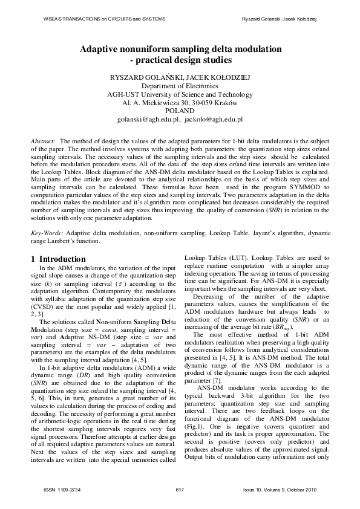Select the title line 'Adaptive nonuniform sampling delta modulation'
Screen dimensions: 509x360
(x=180, y=50)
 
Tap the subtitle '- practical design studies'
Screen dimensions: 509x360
(x=180, y=60)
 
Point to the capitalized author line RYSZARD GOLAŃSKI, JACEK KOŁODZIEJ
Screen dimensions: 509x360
(x=180, y=77)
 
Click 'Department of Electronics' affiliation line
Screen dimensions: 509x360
(x=180, y=86)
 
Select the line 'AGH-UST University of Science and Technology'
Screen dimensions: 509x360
(x=180, y=94)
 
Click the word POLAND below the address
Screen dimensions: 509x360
(x=180, y=111)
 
